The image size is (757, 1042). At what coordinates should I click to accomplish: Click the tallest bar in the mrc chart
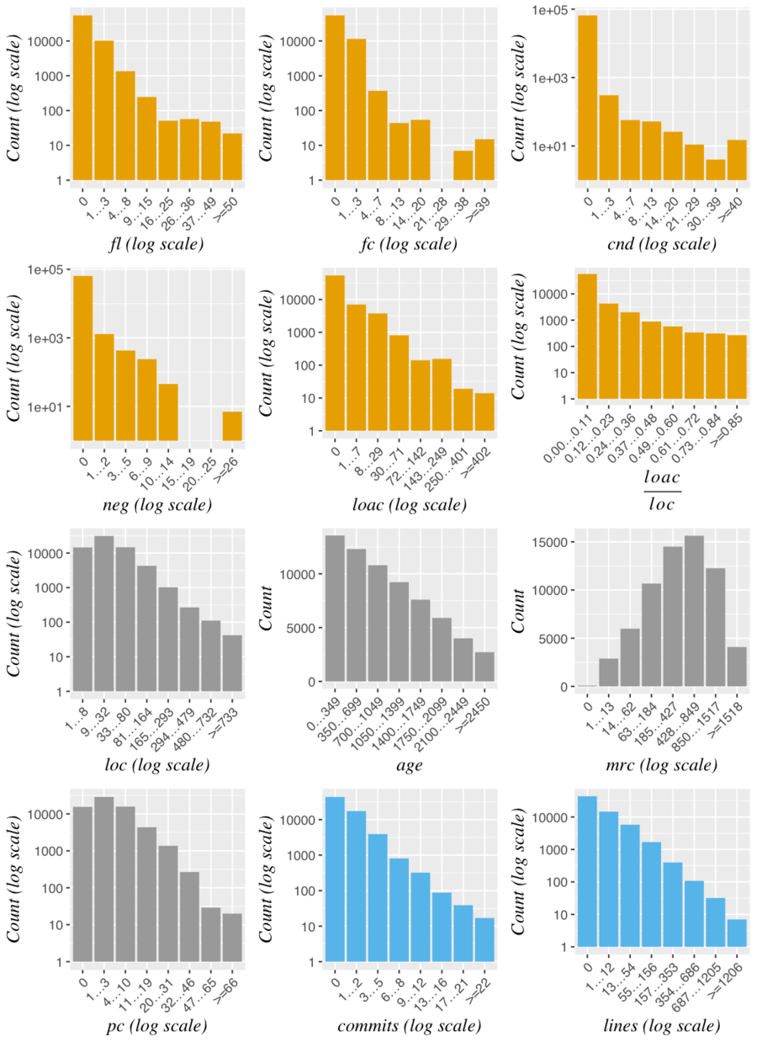694,611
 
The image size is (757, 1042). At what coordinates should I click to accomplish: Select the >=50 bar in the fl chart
232,156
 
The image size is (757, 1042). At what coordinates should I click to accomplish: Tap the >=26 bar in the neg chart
232,426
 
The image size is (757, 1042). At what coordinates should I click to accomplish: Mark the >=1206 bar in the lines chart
736,933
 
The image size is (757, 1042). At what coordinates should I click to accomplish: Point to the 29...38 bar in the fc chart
463,165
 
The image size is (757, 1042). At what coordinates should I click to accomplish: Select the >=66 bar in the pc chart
232,937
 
